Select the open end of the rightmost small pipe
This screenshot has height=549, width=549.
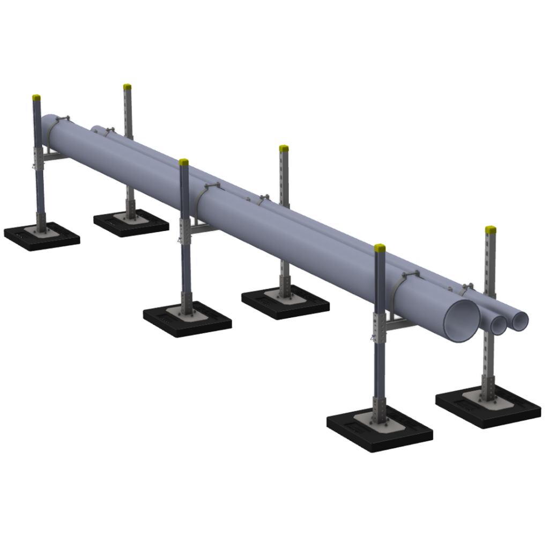coord(520,321)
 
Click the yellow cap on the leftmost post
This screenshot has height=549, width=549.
coord(36,98)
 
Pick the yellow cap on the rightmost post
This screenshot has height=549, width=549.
coord(491,230)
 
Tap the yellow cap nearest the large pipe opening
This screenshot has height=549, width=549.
coord(380,248)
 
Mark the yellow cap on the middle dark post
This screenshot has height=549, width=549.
coord(184,162)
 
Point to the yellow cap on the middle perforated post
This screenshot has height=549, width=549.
coord(284,148)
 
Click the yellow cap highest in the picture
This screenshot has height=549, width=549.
coord(127,86)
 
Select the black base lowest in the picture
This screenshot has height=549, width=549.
coord(380,432)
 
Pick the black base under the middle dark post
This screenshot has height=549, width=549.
coord(187,320)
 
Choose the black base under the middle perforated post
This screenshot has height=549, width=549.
coord(285,302)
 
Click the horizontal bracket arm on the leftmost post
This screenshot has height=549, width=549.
coord(54,156)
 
